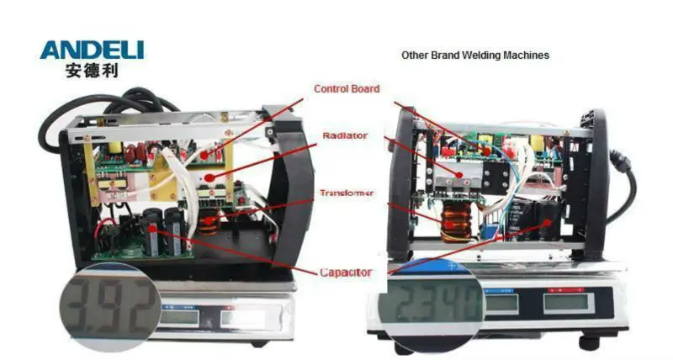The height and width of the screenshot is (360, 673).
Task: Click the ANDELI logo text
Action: coord(92,50)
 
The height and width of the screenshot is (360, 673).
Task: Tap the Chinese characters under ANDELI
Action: coord(92,71)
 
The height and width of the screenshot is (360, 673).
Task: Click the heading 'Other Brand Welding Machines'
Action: coord(474,56)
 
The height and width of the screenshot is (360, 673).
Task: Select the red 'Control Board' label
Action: coord(347,89)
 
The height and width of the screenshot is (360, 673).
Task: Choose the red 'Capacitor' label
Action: coord(346,273)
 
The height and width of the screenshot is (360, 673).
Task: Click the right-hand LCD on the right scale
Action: coord(564,302)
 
